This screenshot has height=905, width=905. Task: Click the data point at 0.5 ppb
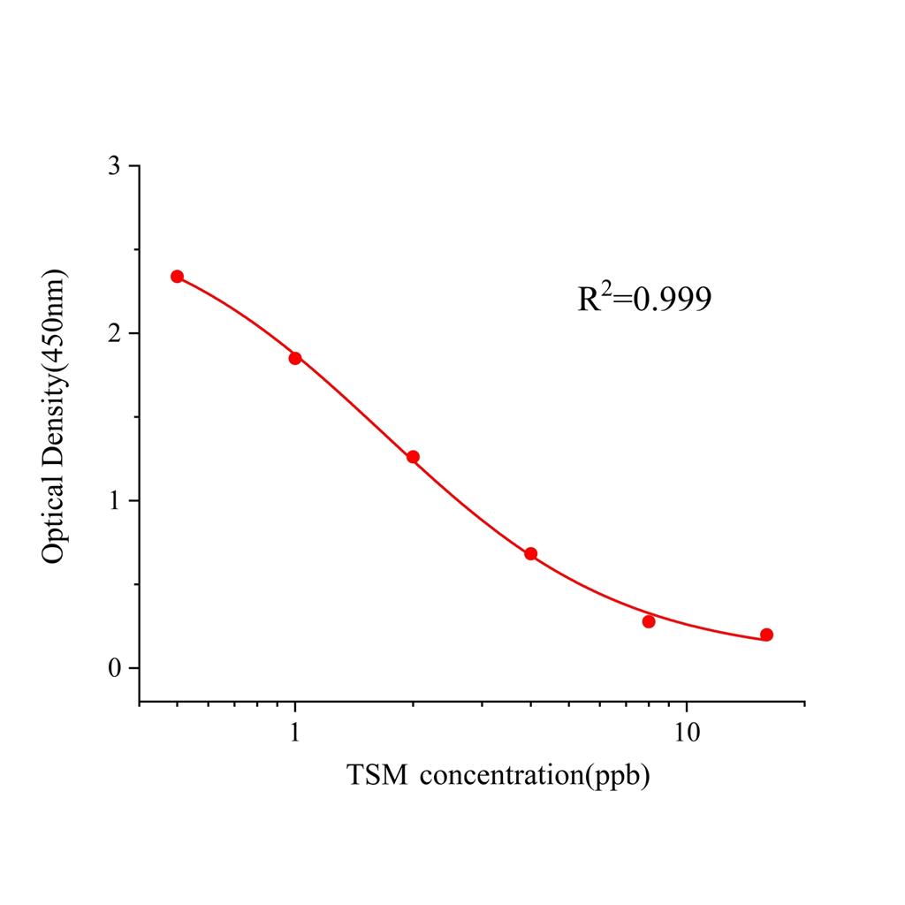pyautogui.click(x=178, y=277)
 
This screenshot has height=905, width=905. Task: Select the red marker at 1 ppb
pyautogui.click(x=295, y=358)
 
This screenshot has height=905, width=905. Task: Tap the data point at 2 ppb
pyautogui.click(x=413, y=457)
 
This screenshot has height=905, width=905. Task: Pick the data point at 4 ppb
pyautogui.click(x=530, y=554)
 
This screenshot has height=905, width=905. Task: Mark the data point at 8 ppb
pyautogui.click(x=649, y=621)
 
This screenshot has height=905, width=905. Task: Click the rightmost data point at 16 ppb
pyautogui.click(x=766, y=635)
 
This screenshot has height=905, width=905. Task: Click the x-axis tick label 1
pyautogui.click(x=295, y=733)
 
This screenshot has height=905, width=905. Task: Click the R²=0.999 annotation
pyautogui.click(x=644, y=299)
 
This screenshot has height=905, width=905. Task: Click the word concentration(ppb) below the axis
pyautogui.click(x=536, y=777)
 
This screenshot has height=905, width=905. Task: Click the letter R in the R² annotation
pyautogui.click(x=589, y=300)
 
